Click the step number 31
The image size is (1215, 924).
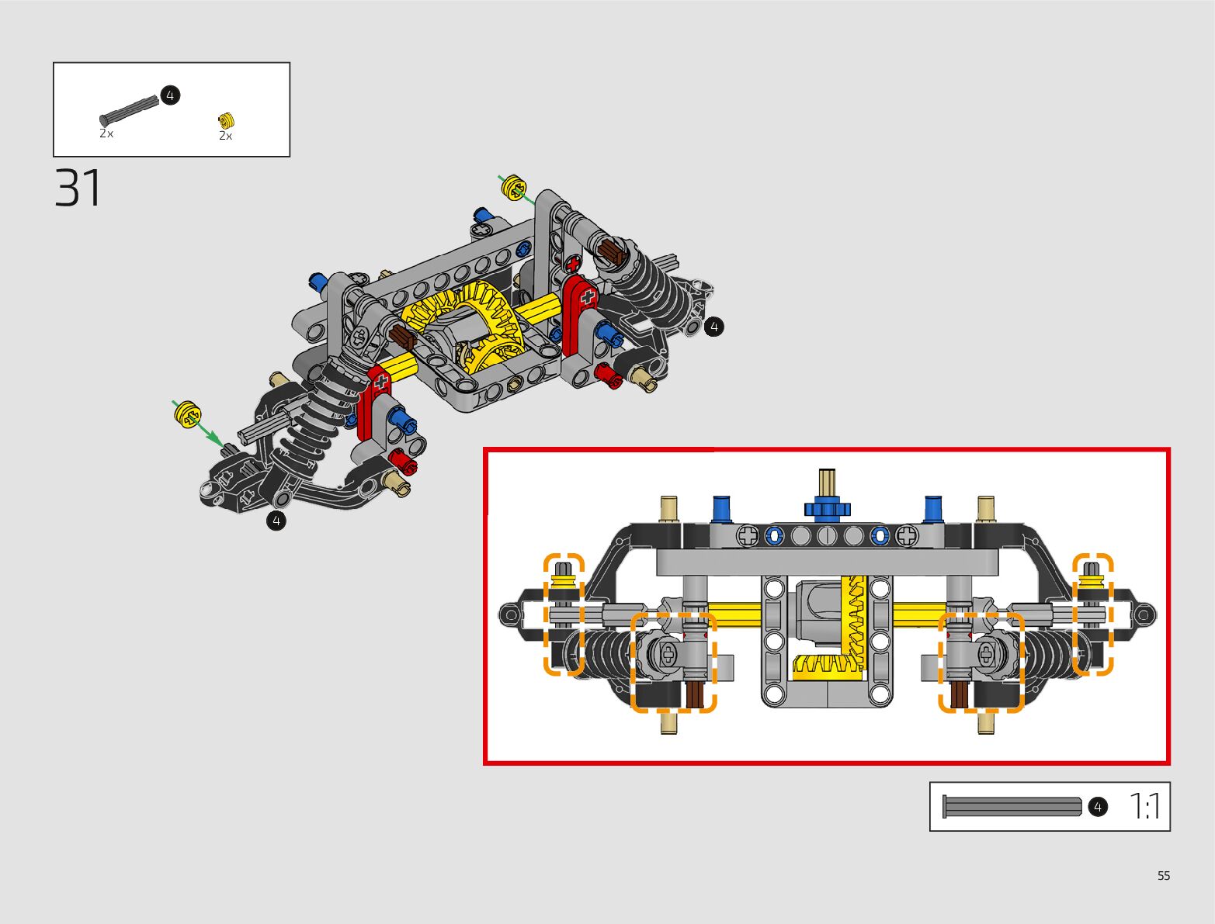pyautogui.click(x=78, y=188)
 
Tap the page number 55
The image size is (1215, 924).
pyautogui.click(x=1164, y=875)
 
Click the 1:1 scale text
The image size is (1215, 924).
pyautogui.click(x=1144, y=806)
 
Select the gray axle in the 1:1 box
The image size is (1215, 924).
pyautogui.click(x=1012, y=807)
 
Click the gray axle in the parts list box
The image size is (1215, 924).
pyautogui.click(x=129, y=111)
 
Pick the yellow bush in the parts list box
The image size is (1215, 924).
pyautogui.click(x=226, y=120)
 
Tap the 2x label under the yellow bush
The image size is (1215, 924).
pyautogui.click(x=225, y=136)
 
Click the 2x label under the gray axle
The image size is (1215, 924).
pyautogui.click(x=106, y=133)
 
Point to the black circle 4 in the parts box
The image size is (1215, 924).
pyautogui.click(x=170, y=95)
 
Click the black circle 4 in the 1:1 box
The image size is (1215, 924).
pyautogui.click(x=1098, y=808)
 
